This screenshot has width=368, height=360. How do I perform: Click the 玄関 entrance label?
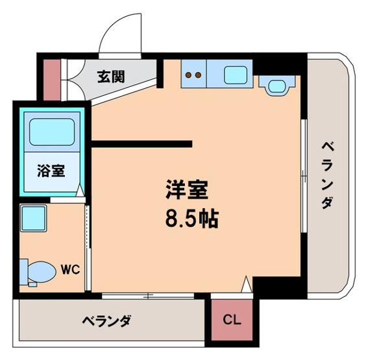(112, 77)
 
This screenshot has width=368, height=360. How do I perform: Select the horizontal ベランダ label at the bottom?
(107, 320)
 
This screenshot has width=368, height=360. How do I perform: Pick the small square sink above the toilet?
(32, 218)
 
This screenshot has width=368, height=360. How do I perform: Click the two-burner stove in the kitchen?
(193, 75)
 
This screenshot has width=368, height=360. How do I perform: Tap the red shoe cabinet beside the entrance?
(52, 79)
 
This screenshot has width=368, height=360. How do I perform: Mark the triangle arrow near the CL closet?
(246, 283)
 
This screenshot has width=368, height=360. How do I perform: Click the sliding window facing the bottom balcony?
(150, 296)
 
